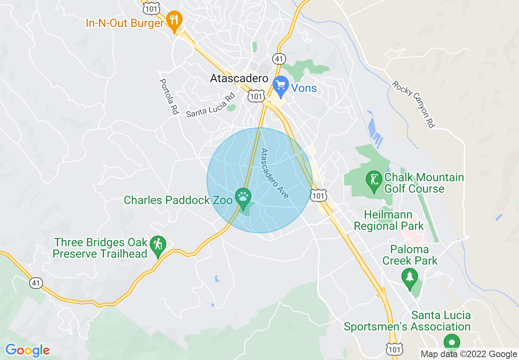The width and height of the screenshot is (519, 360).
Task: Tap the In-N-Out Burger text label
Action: click(x=125, y=23)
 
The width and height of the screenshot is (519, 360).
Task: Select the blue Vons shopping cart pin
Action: click(x=281, y=86)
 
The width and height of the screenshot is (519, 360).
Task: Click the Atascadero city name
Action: click(x=239, y=79)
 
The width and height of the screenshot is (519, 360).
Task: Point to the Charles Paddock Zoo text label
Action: click(x=178, y=200)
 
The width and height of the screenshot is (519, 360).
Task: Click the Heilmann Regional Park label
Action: click(x=388, y=220)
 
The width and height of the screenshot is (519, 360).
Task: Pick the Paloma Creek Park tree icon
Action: click(x=409, y=277)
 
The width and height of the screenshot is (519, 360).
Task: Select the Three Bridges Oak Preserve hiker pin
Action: click(x=158, y=245)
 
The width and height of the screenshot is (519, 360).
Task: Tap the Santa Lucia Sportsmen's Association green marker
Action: click(x=452, y=342)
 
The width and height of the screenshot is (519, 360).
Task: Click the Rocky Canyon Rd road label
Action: click(x=413, y=104)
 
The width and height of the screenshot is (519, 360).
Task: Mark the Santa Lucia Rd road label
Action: click(x=210, y=106)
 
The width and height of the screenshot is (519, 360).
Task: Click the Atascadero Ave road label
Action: click(x=275, y=173)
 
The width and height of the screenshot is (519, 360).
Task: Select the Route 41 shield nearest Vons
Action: click(x=279, y=59)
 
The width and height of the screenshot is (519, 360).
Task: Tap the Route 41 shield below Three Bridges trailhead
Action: click(x=36, y=283)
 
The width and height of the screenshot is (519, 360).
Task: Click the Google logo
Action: click(x=27, y=350)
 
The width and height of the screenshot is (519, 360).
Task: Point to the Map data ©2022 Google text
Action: click(x=469, y=354)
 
